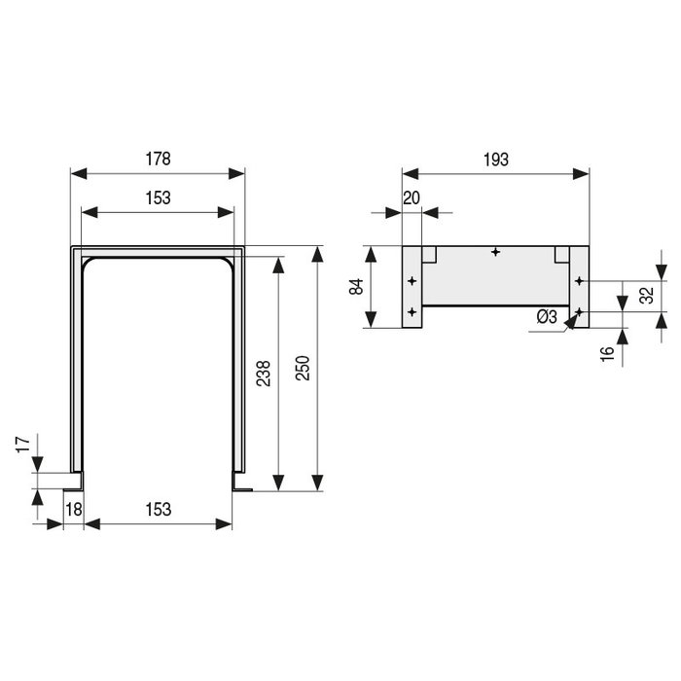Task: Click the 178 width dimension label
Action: [158, 158]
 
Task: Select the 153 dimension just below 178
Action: [158, 197]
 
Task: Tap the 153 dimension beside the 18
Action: [159, 509]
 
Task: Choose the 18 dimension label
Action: [72, 509]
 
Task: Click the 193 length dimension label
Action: [495, 160]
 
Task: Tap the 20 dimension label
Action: [412, 197]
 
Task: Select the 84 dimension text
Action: [356, 287]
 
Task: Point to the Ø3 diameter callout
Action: [546, 317]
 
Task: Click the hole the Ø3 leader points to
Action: [580, 311]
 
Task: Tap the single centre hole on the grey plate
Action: [496, 252]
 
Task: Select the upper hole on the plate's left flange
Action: [412, 281]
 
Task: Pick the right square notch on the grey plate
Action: [561, 254]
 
